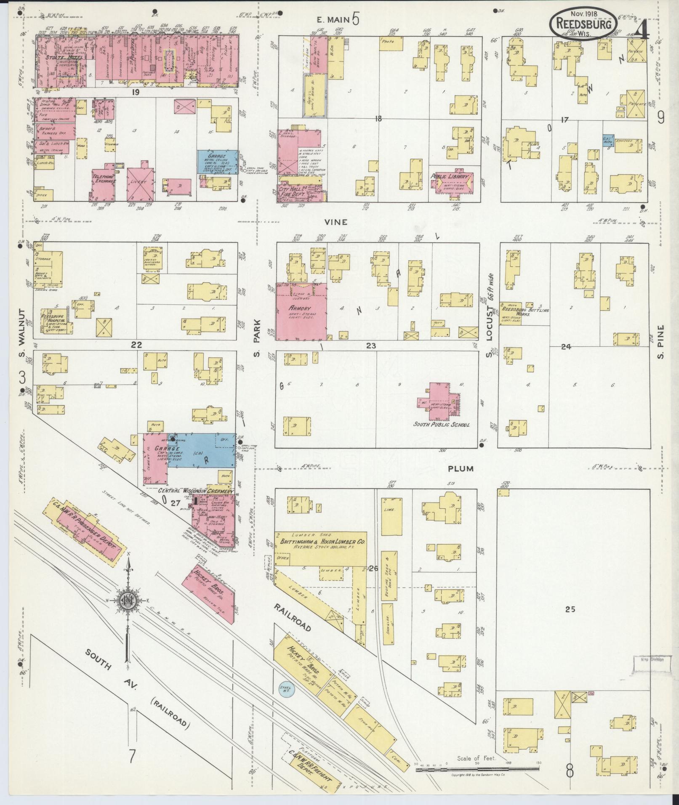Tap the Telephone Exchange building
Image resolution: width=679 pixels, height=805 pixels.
point(104,184)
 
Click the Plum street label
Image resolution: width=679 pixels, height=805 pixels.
point(460,469)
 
